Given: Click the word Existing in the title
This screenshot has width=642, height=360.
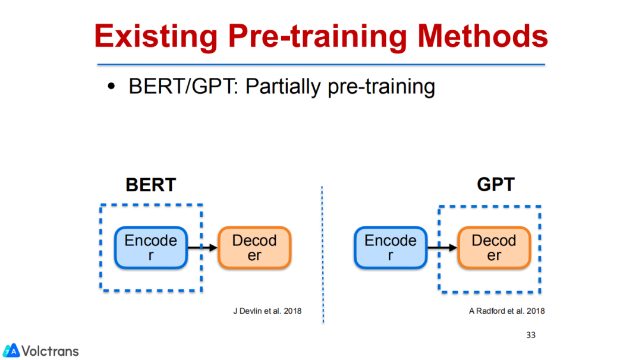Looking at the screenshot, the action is click(x=156, y=37).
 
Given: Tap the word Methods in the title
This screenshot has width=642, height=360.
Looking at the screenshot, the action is click(x=483, y=36).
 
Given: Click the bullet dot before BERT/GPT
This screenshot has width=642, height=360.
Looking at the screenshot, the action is click(x=111, y=86).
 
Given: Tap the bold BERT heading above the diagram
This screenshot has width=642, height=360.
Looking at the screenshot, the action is click(x=150, y=185).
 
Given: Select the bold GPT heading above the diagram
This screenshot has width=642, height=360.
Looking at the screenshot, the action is click(x=495, y=185).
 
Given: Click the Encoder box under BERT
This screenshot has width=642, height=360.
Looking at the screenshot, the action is click(x=151, y=248).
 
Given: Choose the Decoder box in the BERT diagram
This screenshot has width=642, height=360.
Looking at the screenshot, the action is click(x=254, y=248).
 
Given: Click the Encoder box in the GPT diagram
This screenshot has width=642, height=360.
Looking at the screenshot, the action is click(x=391, y=248).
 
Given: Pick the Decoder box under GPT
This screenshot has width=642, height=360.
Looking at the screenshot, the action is click(x=494, y=248).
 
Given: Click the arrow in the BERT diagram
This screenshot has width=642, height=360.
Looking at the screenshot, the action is click(x=203, y=248).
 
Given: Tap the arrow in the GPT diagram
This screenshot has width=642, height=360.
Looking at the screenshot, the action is click(x=442, y=248).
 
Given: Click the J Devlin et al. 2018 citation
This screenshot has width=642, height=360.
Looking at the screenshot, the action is click(x=267, y=311).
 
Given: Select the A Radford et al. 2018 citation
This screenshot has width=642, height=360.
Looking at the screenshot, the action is click(x=506, y=311).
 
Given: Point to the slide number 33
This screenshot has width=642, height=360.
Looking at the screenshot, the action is click(x=531, y=335).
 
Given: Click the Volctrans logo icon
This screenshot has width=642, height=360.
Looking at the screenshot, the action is click(x=11, y=350).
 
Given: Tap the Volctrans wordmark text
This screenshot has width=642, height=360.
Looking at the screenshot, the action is click(x=50, y=351).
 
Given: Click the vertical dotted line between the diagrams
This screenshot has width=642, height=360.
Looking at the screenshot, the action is click(x=323, y=254).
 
